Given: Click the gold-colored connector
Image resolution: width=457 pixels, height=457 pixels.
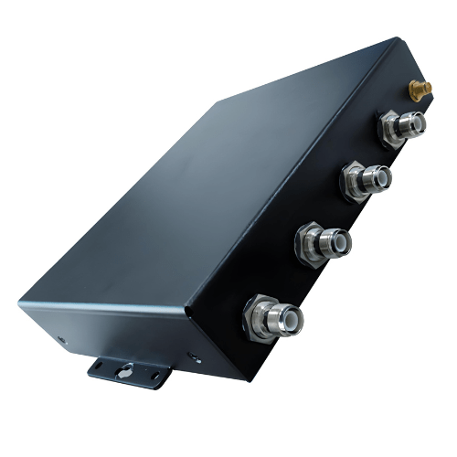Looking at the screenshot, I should tap(420, 89).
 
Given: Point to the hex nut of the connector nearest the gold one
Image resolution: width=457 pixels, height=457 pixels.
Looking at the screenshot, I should tap(392, 130).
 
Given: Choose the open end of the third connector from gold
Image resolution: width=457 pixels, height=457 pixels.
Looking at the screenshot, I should tap(342, 240).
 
